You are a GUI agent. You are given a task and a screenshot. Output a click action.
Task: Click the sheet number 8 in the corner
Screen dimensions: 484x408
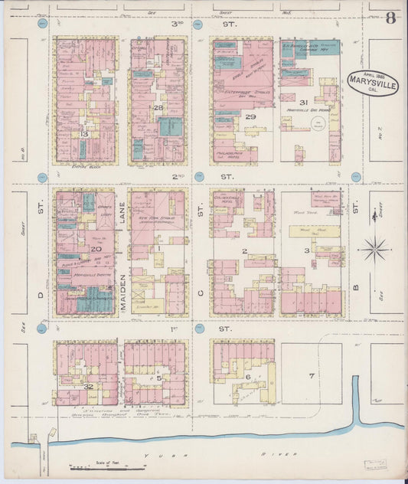(x=390, y=18)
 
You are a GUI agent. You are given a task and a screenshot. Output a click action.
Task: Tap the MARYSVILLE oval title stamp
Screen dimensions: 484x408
(x=372, y=82)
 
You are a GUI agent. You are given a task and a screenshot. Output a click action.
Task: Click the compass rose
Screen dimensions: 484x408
(x=375, y=248)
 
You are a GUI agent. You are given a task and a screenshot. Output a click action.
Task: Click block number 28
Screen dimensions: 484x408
(x=158, y=108)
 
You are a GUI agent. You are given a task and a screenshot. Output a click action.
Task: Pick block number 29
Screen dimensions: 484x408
(x=250, y=116)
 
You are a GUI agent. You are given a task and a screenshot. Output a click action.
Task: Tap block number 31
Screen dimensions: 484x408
(x=303, y=102)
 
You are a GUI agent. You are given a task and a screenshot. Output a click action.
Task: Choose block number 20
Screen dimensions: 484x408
(x=96, y=248)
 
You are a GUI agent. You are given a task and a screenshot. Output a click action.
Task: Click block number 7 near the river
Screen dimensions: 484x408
(x=311, y=376)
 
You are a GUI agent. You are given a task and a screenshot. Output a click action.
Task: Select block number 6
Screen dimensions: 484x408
(x=248, y=377)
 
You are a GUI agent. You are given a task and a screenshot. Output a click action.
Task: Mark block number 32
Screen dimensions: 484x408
(x=89, y=386)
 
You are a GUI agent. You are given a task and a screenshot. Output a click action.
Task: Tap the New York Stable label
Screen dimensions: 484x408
(x=158, y=217)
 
